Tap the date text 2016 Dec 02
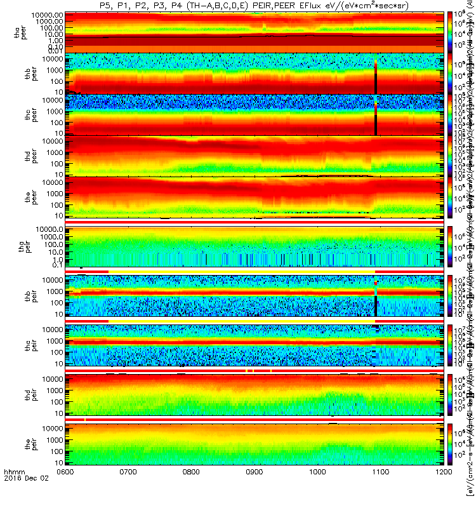pyautogui.click(x=22, y=497)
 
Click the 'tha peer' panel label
pyautogui.click(x=20, y=30)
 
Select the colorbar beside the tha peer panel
pyautogui.click(x=450, y=30)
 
